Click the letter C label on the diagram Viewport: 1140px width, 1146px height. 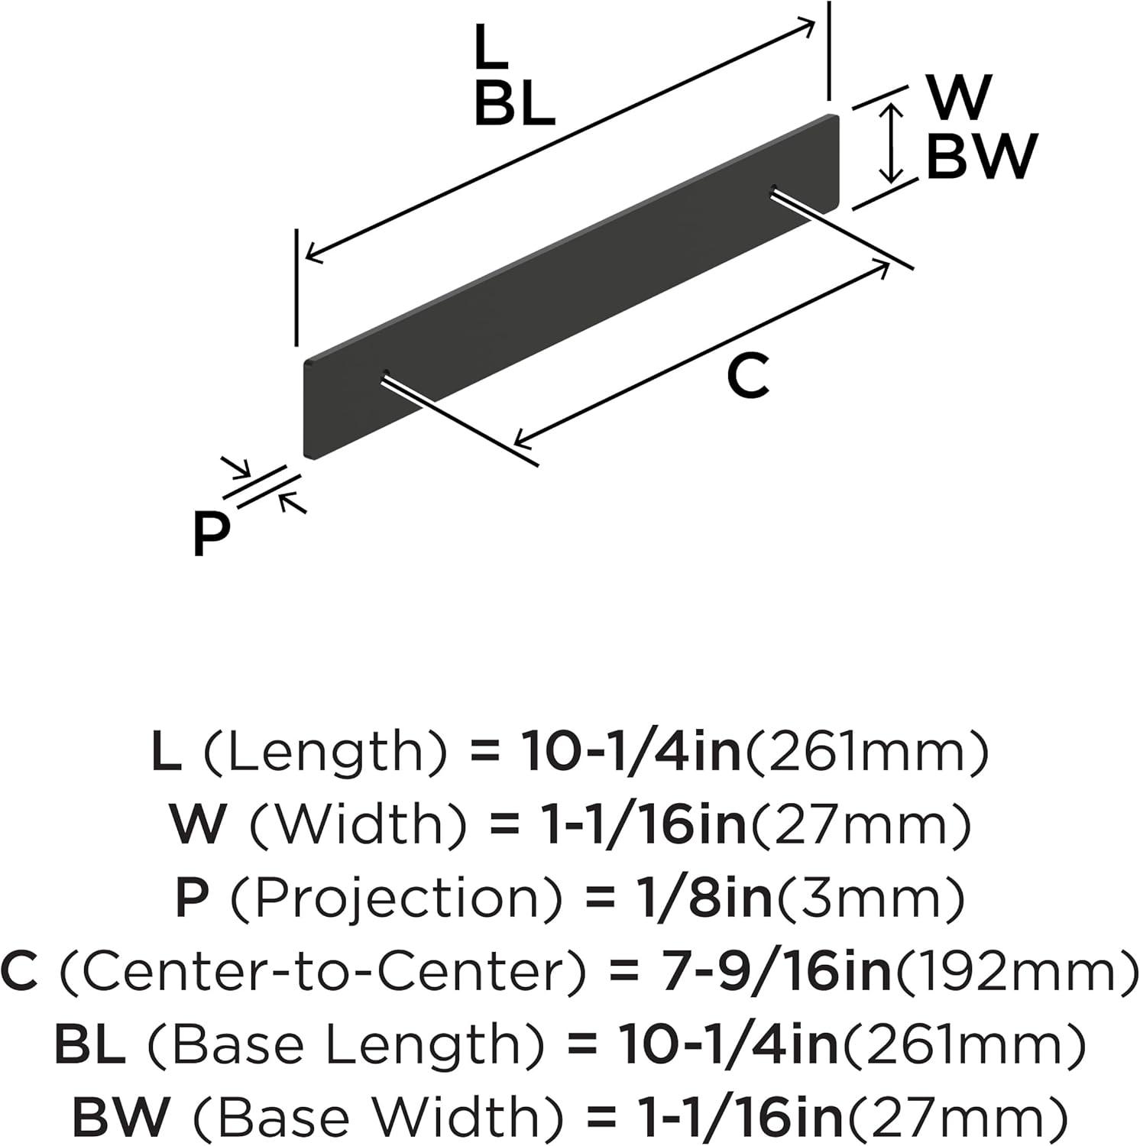point(748,377)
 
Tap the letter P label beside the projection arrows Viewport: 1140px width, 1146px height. point(211,534)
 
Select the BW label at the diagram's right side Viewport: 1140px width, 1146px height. point(982,157)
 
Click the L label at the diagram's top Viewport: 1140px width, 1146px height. point(491,47)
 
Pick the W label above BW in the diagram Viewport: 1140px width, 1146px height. point(959,97)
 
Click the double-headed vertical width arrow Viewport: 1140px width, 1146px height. point(891,144)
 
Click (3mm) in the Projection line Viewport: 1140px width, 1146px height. point(871,899)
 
